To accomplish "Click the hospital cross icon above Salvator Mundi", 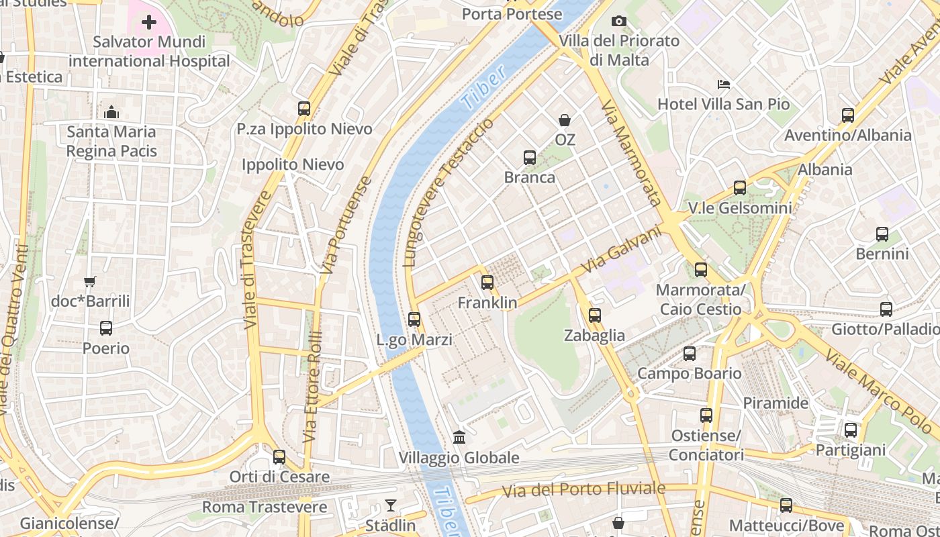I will tap(149, 23).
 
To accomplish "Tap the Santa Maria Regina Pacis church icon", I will tap(111, 112).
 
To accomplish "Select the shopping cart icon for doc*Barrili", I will tap(90, 282).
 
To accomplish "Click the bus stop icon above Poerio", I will tap(106, 328).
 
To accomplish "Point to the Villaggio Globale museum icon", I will tap(459, 438).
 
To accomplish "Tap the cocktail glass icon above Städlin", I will tap(391, 505).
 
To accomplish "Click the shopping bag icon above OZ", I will tap(565, 120).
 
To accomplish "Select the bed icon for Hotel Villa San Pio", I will tap(724, 85).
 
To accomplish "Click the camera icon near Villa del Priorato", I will tap(619, 21).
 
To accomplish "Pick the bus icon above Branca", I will tap(530, 158).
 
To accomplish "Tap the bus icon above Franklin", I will tap(487, 283).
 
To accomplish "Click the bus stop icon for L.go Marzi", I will tap(414, 320).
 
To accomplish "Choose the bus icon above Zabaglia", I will tap(594, 315).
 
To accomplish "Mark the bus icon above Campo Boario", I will tap(690, 354).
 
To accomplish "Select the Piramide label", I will tap(775, 403).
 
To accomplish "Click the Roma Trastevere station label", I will tap(265, 507).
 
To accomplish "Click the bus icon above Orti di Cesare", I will tap(279, 457).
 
